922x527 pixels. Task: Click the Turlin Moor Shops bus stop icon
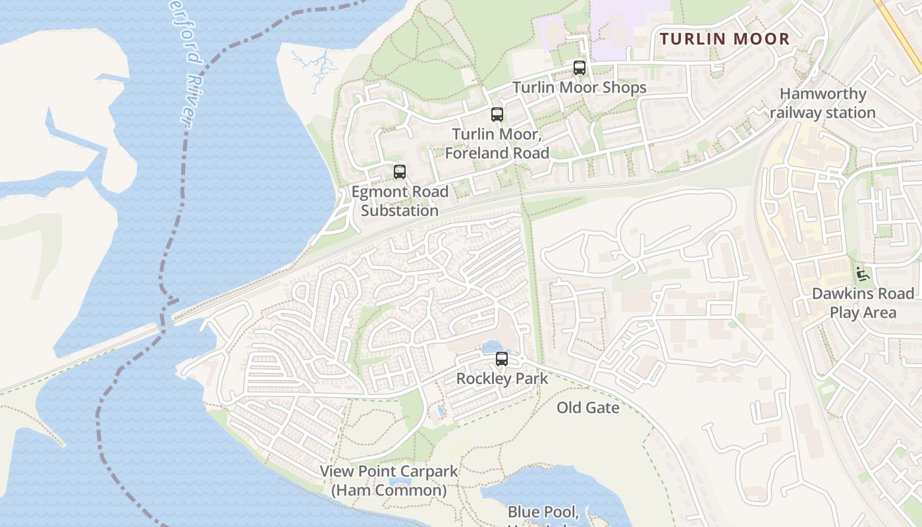(580, 67)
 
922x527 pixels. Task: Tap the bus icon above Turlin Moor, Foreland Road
(497, 115)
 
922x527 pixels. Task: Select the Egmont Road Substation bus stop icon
(400, 172)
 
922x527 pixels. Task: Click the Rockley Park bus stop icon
(502, 359)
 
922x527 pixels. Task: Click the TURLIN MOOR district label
(724, 39)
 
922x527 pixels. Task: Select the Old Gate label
(588, 408)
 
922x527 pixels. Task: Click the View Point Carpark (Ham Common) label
(388, 481)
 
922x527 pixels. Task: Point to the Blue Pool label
(543, 512)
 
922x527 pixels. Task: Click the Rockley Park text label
(502, 379)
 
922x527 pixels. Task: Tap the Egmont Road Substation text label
(400, 201)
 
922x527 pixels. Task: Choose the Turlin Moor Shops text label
(580, 87)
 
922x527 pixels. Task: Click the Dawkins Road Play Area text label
(863, 302)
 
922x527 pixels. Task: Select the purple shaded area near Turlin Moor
(632, 26)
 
